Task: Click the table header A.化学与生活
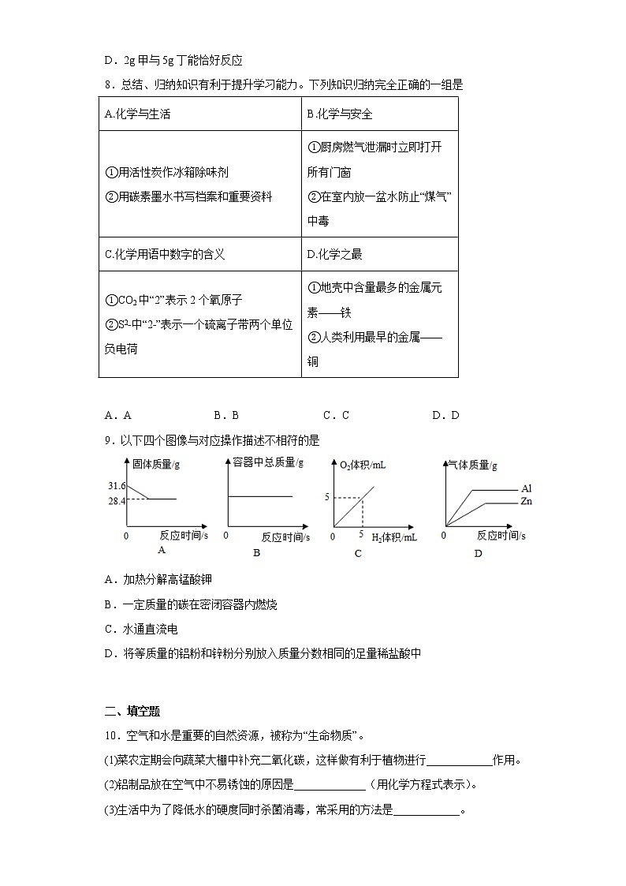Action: pyautogui.click(x=137, y=114)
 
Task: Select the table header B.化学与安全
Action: pyautogui.click(x=340, y=114)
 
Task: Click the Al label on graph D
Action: pyautogui.click(x=526, y=489)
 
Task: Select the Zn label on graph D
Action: pyautogui.click(x=527, y=502)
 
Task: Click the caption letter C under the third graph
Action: pyautogui.click(x=357, y=553)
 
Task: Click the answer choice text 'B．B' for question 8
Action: pyautogui.click(x=225, y=416)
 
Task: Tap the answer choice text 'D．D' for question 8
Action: pyautogui.click(x=445, y=416)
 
